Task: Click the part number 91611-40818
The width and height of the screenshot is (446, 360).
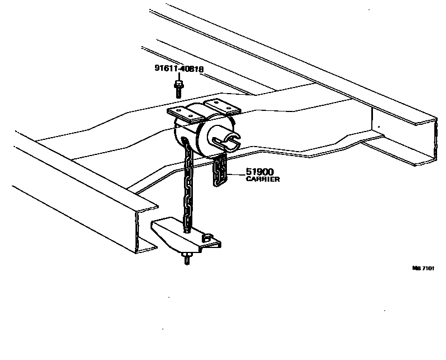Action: pyautogui.click(x=178, y=70)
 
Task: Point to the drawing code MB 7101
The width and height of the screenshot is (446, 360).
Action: pyautogui.click(x=422, y=268)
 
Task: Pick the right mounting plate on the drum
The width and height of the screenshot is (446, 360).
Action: pyautogui.click(x=221, y=106)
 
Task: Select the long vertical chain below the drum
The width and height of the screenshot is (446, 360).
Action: pyautogui.click(x=188, y=189)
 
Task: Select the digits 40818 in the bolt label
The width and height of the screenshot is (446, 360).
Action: pyautogui.click(x=191, y=70)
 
